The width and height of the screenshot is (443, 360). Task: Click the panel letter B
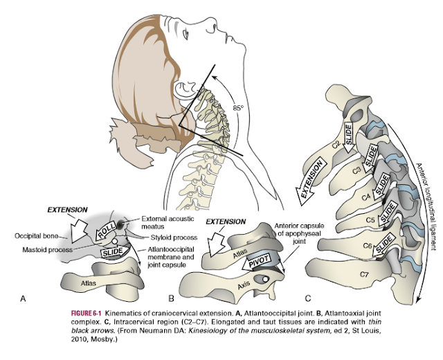coord(171,298)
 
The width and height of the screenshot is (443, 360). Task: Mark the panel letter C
coord(307,298)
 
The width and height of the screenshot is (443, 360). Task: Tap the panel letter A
coord(24,298)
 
